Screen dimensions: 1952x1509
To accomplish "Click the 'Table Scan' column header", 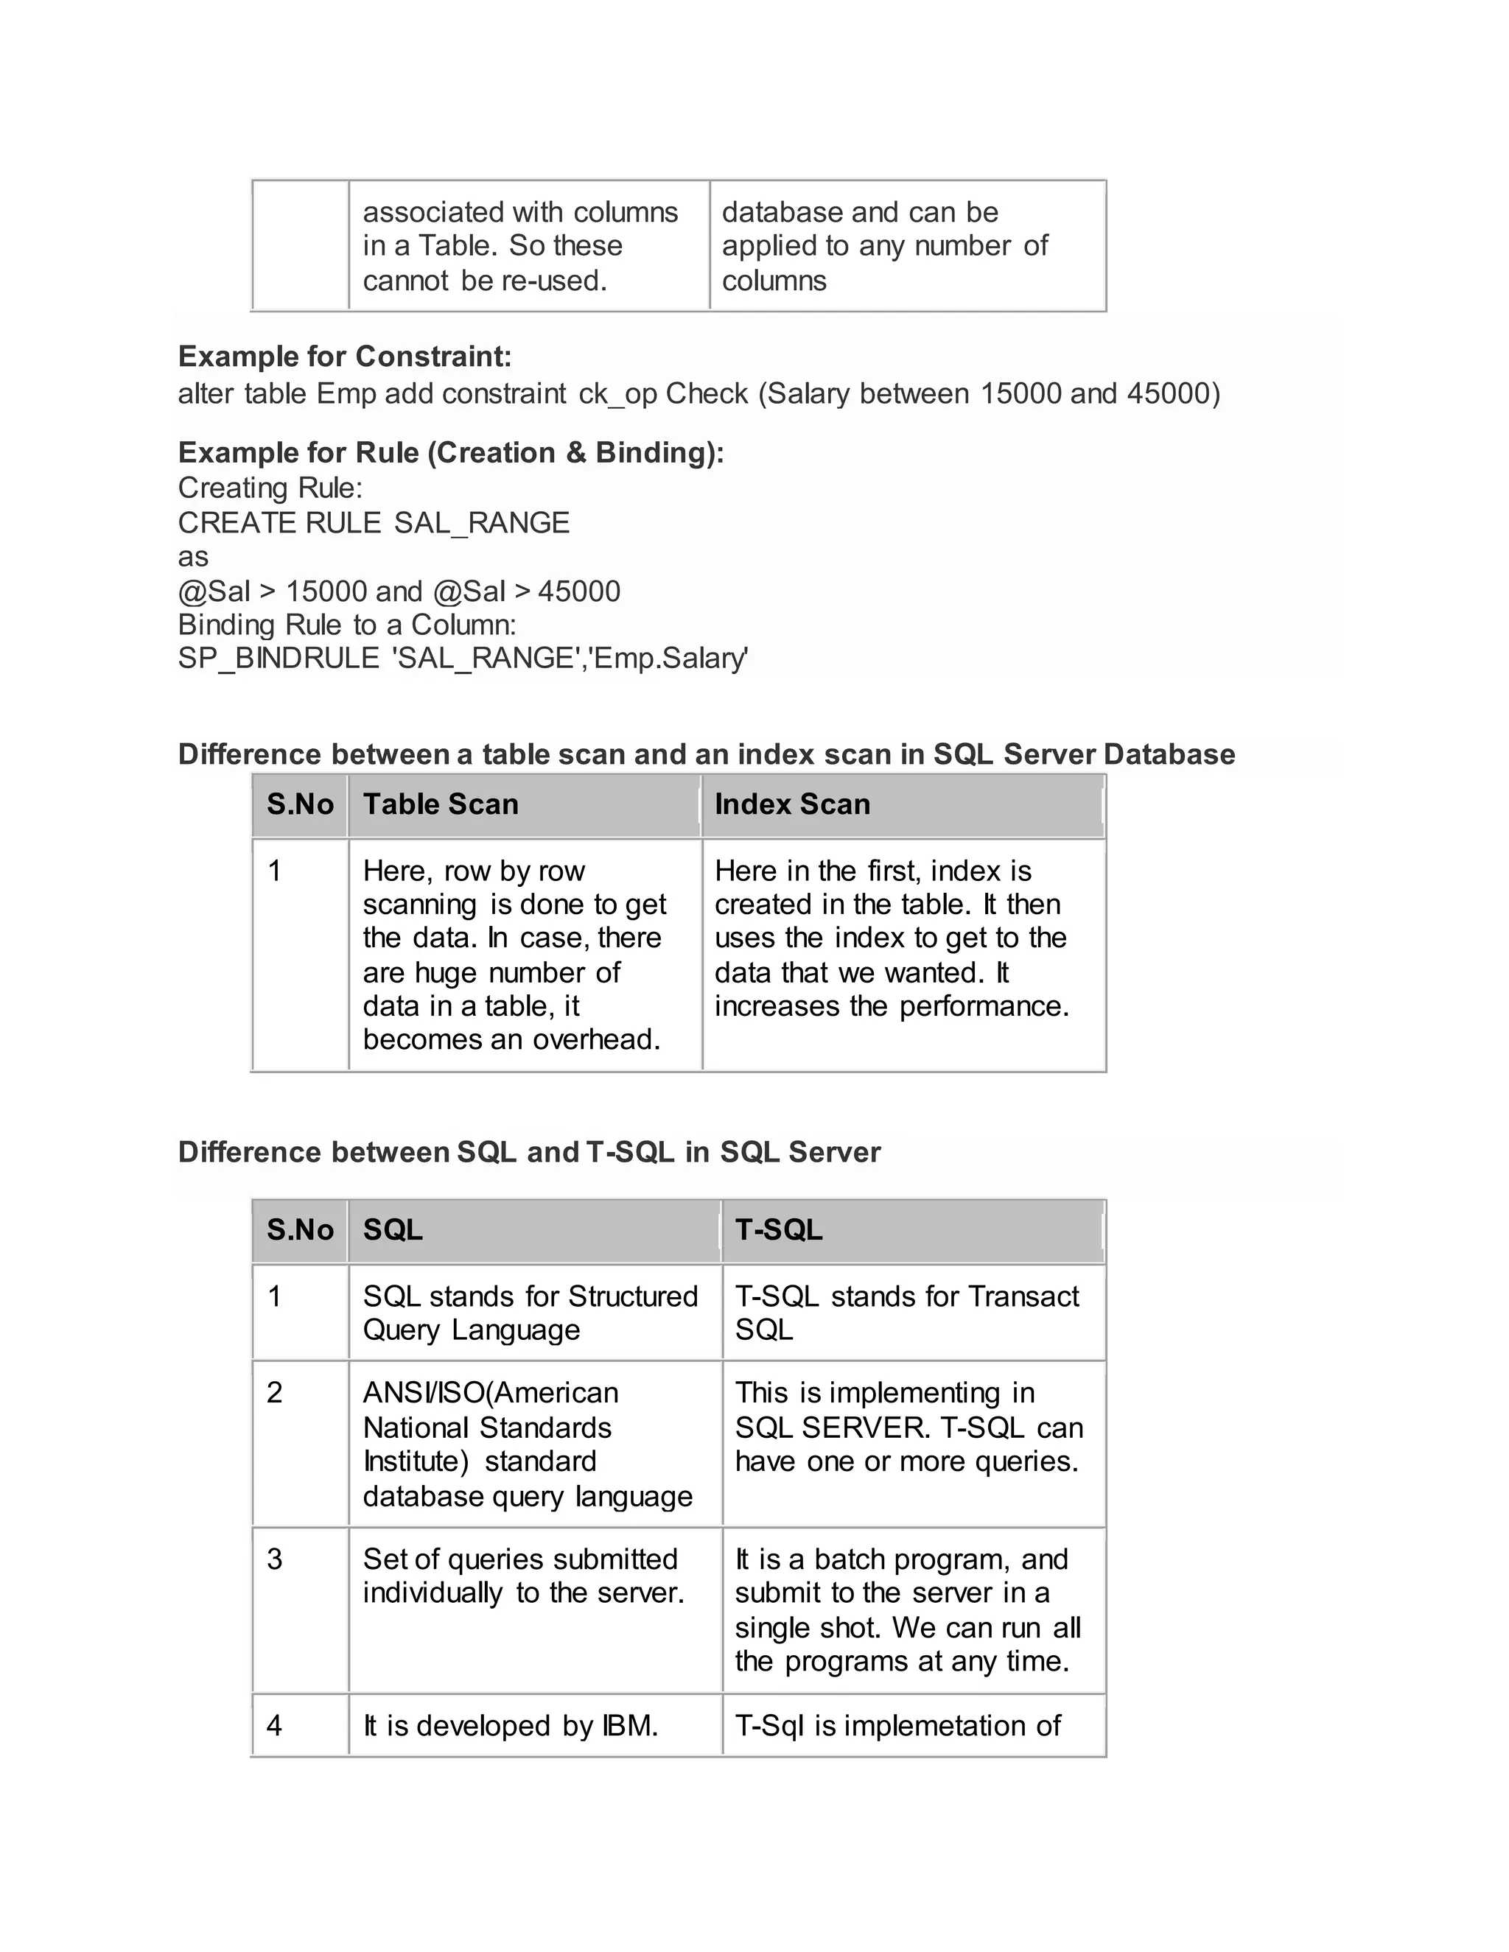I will (x=440, y=804).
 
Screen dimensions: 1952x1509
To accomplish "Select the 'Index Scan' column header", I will (x=792, y=804).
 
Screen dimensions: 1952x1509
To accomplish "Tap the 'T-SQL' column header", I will (x=778, y=1230).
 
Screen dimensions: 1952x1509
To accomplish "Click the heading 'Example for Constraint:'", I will (x=345, y=357).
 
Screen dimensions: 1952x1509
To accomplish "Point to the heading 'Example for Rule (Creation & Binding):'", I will (x=450, y=452).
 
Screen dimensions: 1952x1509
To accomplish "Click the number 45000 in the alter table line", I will (x=1168, y=393).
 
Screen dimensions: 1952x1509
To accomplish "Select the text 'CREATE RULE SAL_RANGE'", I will (x=374, y=522).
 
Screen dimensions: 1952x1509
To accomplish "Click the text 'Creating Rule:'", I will (x=270, y=488).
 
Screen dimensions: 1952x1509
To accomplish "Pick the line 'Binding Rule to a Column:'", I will (x=347, y=624).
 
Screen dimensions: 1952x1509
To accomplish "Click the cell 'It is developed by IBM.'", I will (x=511, y=1725).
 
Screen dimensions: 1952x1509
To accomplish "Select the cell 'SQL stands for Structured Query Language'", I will (x=530, y=1313).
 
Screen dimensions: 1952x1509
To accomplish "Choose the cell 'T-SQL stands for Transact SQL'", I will (x=906, y=1313).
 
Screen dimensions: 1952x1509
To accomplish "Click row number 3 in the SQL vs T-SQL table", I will (x=274, y=1559).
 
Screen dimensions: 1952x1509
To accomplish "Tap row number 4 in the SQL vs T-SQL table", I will (x=274, y=1725).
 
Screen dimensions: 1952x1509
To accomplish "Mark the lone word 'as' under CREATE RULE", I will (x=193, y=557).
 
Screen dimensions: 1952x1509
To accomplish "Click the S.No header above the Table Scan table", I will (x=299, y=804).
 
